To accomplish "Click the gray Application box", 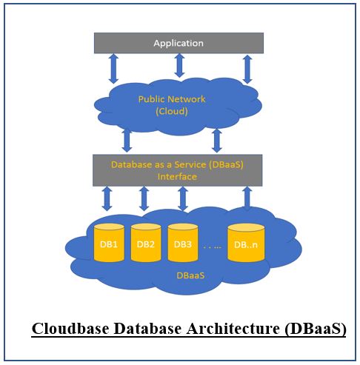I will [x=179, y=43].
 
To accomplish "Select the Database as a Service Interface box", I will [x=177, y=170].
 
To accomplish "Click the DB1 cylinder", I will [x=110, y=243].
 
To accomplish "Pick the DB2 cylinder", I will [x=146, y=243].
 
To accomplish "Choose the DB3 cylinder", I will [x=182, y=243].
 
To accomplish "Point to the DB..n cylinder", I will [x=246, y=243].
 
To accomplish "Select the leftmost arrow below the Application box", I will [x=113, y=69].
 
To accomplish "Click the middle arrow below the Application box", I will [x=179, y=65].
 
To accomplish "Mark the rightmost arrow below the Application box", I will [x=247, y=69].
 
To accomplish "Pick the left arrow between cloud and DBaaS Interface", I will [x=127, y=140].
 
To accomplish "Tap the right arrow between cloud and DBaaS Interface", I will [x=217, y=140].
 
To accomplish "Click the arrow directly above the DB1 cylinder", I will [x=107, y=198].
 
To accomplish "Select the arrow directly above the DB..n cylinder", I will [x=247, y=198].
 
